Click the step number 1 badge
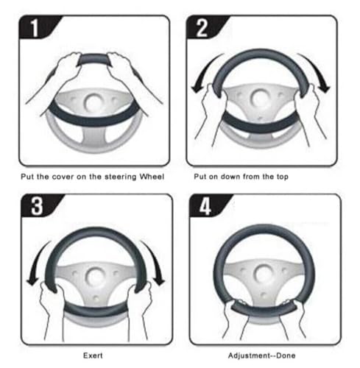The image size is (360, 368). (37, 27)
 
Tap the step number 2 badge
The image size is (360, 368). (204, 27)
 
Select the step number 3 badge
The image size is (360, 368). (38, 205)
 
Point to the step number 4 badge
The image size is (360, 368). (207, 205)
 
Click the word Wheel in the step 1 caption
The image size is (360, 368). (152, 177)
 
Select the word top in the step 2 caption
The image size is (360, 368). (283, 177)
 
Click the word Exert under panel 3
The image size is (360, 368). (93, 355)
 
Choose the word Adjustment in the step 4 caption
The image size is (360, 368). (249, 355)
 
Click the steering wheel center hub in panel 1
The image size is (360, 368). (93, 102)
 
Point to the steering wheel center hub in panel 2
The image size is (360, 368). (260, 98)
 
